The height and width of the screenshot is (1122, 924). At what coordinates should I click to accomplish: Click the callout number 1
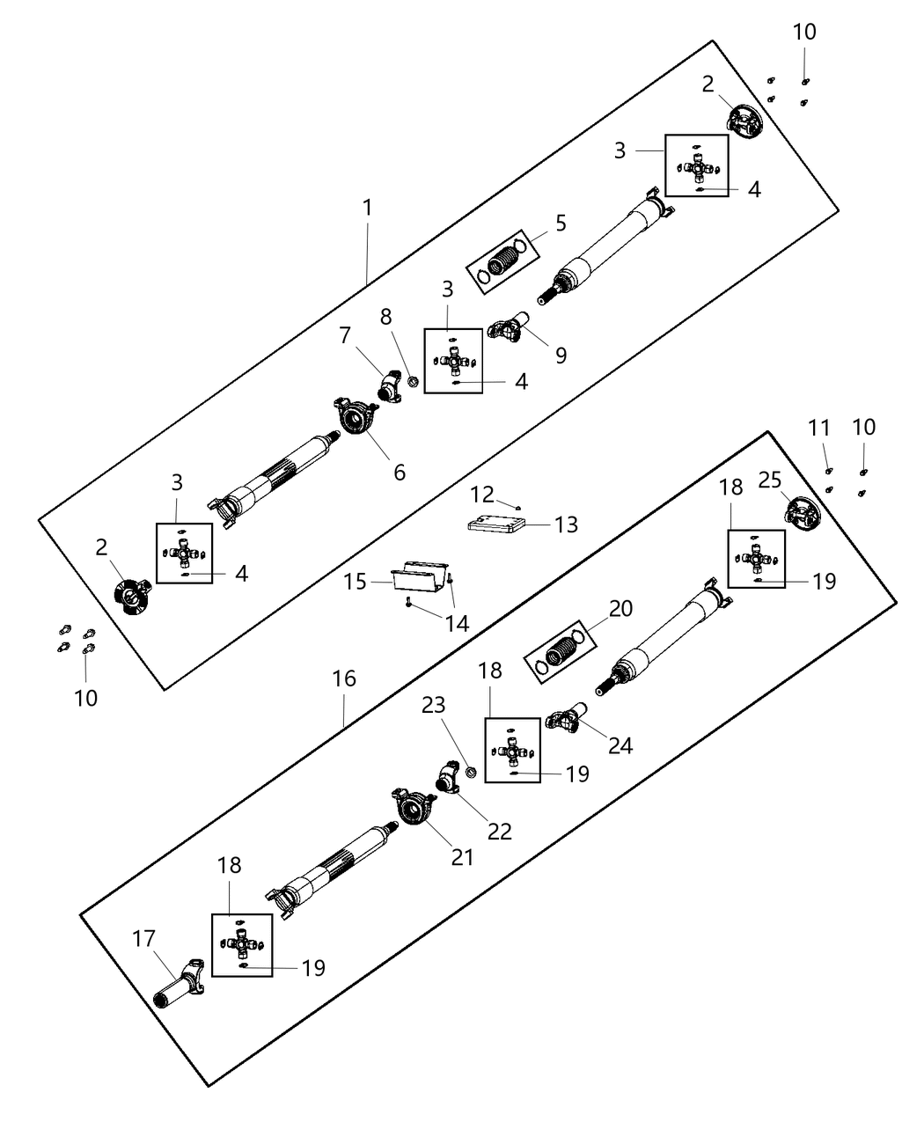click(367, 209)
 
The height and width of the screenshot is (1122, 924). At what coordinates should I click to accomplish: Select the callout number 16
click(344, 678)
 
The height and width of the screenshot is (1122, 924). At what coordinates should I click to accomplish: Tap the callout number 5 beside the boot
click(560, 223)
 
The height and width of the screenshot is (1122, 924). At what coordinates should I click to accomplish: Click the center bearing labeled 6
click(356, 416)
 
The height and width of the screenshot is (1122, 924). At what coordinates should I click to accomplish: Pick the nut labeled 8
click(410, 382)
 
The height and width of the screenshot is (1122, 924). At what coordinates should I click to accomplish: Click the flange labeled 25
click(801, 514)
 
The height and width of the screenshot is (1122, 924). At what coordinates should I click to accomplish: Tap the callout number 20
click(621, 608)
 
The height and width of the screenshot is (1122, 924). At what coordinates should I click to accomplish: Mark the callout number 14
click(456, 623)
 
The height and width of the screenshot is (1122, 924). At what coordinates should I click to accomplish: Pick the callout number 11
click(819, 428)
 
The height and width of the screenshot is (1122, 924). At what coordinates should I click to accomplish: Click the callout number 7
click(345, 335)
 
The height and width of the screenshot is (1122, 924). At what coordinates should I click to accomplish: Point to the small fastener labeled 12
click(518, 506)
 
